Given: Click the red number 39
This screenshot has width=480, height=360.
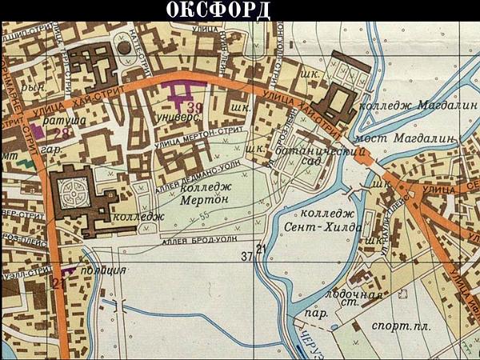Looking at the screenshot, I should [194, 107].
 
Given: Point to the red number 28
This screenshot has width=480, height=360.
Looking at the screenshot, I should [61, 134].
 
